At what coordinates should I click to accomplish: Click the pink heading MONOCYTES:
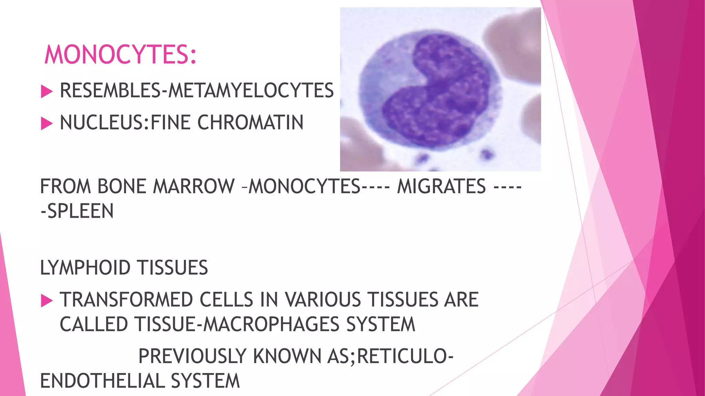(120, 55)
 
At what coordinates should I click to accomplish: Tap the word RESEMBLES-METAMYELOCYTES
(197, 90)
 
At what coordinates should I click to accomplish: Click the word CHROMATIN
(250, 123)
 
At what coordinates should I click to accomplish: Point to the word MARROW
(193, 186)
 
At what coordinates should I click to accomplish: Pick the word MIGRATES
(441, 186)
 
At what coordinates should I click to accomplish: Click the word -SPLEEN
(77, 211)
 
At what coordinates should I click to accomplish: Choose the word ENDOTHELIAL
(102, 381)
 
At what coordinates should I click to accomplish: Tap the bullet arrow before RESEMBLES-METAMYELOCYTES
(46, 92)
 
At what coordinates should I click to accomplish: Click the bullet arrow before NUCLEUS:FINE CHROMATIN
(46, 124)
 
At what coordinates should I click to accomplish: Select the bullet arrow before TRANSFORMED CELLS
(46, 301)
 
